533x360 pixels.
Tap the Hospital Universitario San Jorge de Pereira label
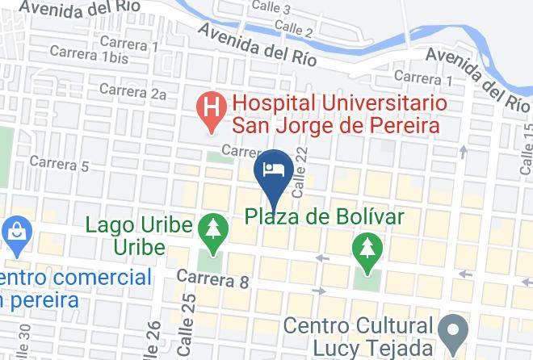[x=335, y=115]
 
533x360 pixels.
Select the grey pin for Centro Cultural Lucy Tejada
[x=453, y=330]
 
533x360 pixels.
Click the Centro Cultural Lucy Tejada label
[x=359, y=337]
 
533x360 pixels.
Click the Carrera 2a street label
[x=136, y=94]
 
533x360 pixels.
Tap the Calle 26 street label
[x=150, y=339]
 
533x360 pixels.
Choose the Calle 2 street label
[x=293, y=29]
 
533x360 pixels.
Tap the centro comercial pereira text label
[x=76, y=289]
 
